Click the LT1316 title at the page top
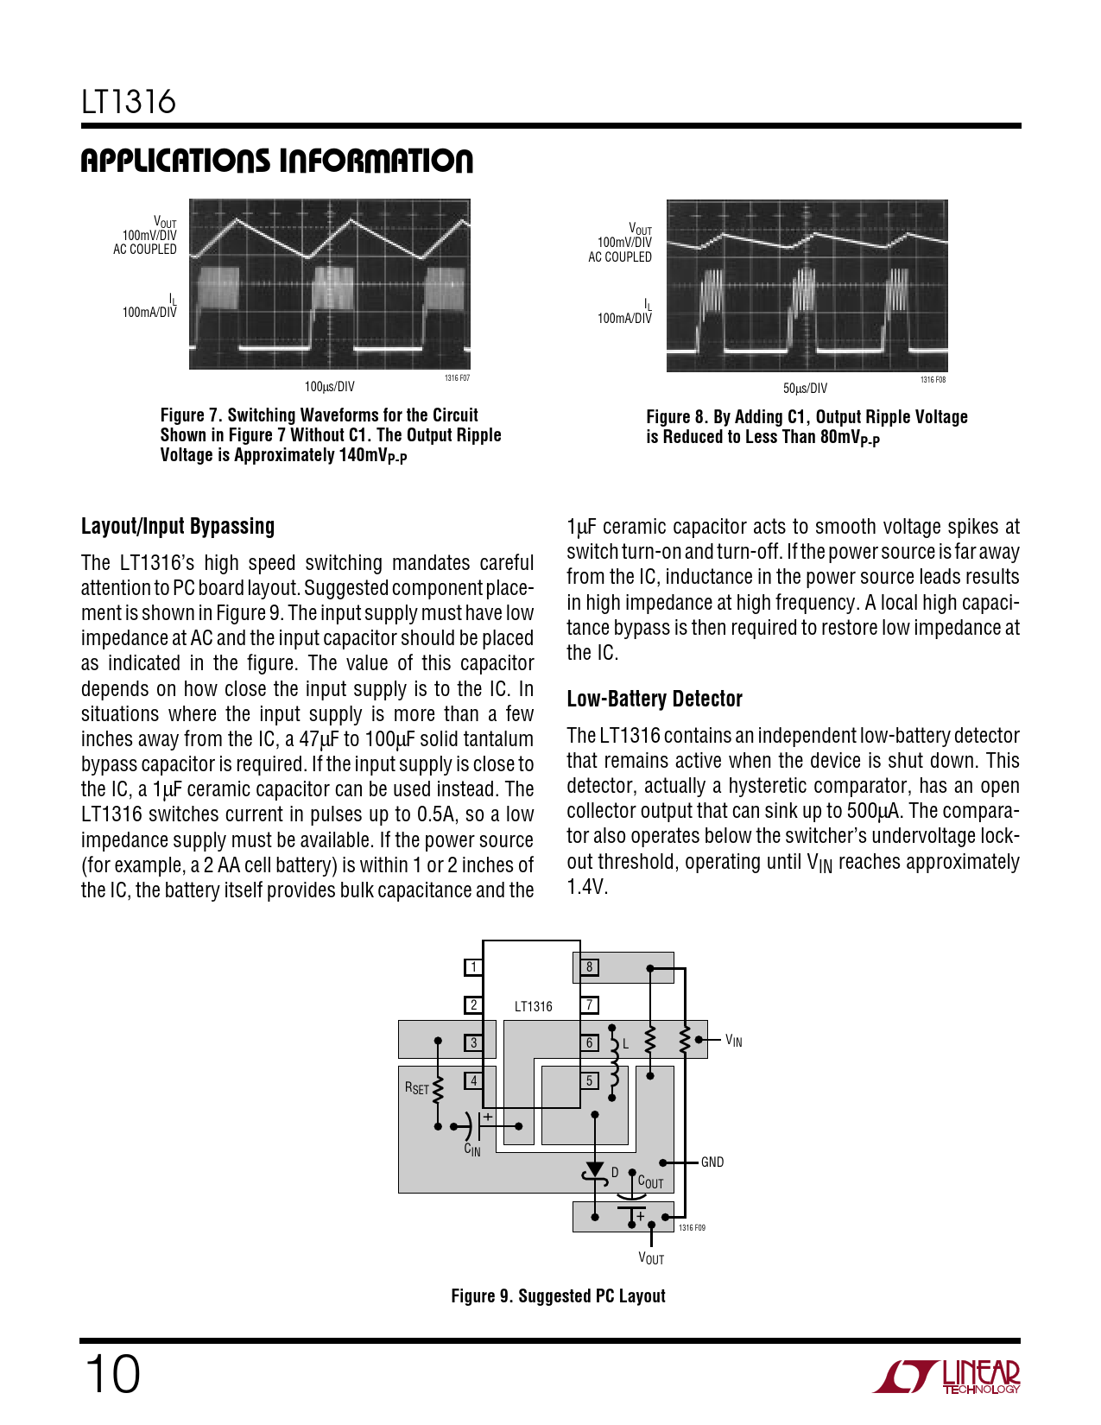click(x=129, y=102)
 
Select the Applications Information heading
click(x=276, y=161)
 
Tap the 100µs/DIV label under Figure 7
click(x=329, y=386)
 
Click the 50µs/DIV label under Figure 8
click(x=805, y=388)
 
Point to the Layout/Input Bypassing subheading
click(x=178, y=526)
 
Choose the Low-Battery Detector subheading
click(x=655, y=699)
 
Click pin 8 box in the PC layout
click(x=589, y=966)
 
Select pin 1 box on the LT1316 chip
click(x=473, y=966)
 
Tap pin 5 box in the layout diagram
click(x=589, y=1080)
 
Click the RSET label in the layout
click(x=417, y=1088)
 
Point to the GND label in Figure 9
click(x=712, y=1162)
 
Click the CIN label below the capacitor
click(x=472, y=1149)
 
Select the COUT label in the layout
click(x=650, y=1182)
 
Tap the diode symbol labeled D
click(x=595, y=1171)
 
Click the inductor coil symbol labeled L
click(x=614, y=1064)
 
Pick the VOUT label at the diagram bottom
click(x=651, y=1258)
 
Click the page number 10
click(x=111, y=1374)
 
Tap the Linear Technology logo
click(x=946, y=1377)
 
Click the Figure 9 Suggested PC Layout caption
click(x=558, y=1295)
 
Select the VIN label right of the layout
click(x=733, y=1042)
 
